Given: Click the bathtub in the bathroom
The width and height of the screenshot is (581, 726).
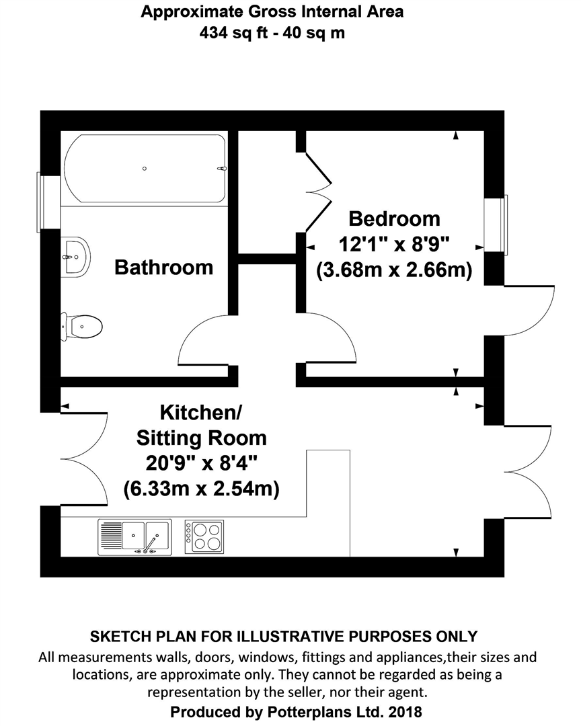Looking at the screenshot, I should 145,169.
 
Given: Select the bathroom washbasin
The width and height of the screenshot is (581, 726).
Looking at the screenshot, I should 75,255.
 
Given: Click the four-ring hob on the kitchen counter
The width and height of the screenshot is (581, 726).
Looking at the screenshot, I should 204,536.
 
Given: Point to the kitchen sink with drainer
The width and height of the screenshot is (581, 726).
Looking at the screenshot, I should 134,536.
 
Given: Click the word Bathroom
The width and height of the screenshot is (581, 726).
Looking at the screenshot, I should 163,267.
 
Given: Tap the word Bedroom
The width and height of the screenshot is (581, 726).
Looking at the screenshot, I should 394,218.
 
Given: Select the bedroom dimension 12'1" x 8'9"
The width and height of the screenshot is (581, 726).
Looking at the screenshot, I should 394,244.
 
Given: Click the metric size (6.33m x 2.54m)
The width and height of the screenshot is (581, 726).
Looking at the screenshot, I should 201,489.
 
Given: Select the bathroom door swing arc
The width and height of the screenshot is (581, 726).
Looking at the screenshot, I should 202,339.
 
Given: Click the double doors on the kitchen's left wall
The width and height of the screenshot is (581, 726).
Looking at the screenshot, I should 84,457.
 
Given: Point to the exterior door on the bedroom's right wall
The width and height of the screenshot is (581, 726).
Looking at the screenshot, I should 531,309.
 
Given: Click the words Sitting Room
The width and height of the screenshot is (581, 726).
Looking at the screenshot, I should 201,438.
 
